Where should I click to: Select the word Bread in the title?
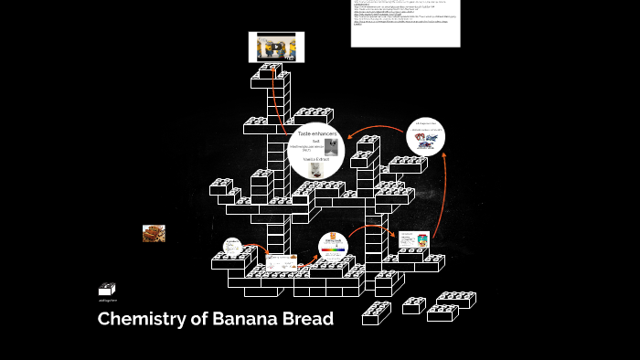[308, 320]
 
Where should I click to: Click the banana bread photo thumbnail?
[154, 234]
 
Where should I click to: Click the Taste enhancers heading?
[317, 133]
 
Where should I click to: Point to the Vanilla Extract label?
[315, 158]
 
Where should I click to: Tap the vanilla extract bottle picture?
[315, 170]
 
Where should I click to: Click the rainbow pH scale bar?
[334, 249]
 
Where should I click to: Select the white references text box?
[405, 23]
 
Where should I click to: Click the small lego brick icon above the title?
[107, 290]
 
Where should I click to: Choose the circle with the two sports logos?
[425, 136]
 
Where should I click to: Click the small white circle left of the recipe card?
[232, 247]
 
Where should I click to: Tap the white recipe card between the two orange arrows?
[282, 262]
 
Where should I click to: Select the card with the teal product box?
[411, 240]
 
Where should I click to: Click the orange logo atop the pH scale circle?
[333, 237]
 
